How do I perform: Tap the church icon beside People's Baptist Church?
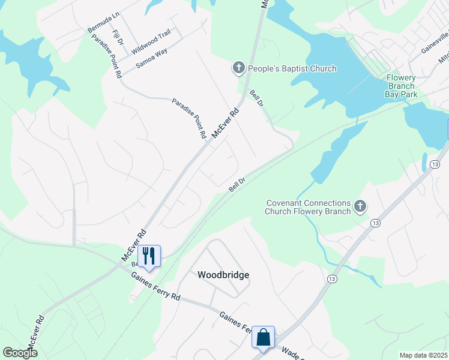tap(238, 68)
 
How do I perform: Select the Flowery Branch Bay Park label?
tap(401, 86)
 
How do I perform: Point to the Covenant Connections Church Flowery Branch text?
tap(309, 207)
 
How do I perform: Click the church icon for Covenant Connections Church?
tap(360, 207)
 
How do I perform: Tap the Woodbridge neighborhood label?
tap(223, 275)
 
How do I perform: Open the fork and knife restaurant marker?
tap(148, 256)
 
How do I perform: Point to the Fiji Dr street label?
tap(118, 39)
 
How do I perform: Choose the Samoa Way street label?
tap(151, 57)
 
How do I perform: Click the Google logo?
tap(20, 353)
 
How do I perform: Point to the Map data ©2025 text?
tap(424, 355)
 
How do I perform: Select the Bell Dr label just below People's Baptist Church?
tap(257, 99)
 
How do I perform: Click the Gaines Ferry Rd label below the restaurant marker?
tap(156, 288)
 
